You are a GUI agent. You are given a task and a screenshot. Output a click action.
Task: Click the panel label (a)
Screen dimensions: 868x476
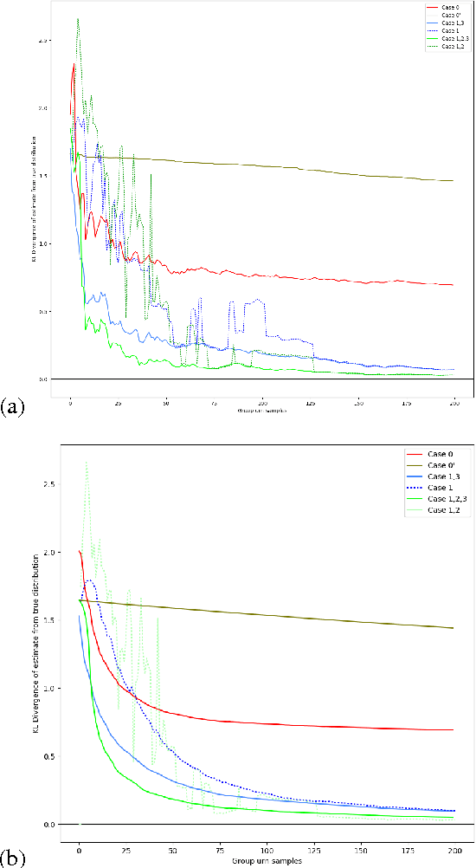tap(12, 405)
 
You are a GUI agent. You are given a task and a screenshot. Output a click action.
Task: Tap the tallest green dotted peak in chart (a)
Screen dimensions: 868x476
tap(78, 19)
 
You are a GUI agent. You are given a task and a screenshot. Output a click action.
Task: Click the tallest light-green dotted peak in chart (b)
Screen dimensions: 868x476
tap(86, 463)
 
